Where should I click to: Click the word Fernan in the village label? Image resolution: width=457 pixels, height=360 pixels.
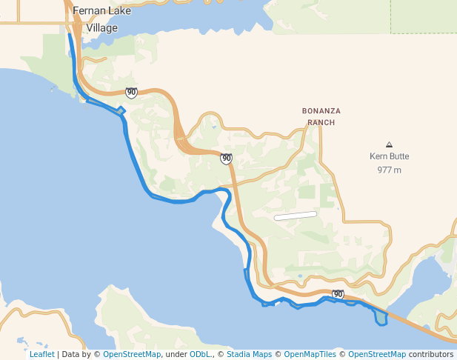87,11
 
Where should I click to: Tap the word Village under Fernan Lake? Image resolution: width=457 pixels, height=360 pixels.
101,27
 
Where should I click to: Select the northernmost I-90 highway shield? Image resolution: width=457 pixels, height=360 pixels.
131,93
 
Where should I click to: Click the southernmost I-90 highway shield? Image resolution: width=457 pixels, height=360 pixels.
338,295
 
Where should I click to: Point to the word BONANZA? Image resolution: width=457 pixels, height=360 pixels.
321,111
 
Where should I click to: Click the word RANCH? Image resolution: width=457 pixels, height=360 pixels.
321,122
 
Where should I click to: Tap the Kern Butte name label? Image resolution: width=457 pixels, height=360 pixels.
389,156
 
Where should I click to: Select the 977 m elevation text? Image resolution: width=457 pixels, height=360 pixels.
389,170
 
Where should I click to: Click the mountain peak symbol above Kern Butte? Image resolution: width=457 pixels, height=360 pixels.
390,144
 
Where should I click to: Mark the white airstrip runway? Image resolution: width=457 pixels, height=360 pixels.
295,216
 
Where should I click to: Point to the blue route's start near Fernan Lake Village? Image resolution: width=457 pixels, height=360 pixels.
70,34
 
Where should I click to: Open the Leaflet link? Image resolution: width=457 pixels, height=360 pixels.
41,354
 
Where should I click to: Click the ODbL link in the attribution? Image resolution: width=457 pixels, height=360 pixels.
199,354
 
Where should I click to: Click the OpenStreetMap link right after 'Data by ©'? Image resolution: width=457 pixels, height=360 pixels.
132,354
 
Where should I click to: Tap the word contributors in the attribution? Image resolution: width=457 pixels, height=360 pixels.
431,354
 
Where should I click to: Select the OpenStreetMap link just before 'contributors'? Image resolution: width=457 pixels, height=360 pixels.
377,354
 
